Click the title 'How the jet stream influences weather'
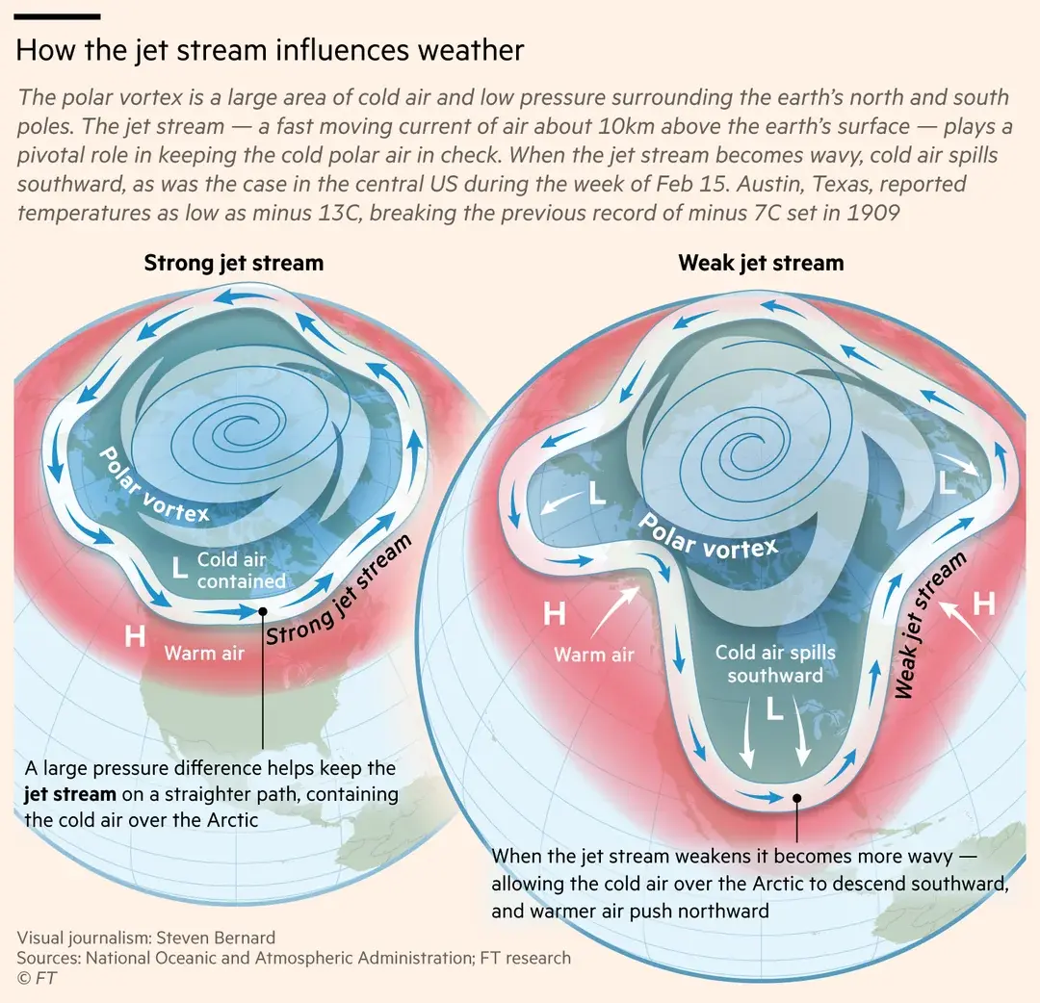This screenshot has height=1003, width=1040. pyautogui.click(x=270, y=50)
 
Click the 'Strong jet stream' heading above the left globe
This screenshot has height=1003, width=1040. pyautogui.click(x=233, y=263)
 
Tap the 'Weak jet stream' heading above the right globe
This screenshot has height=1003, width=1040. pyautogui.click(x=761, y=263)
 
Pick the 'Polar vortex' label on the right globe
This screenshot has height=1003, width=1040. pyautogui.click(x=708, y=537)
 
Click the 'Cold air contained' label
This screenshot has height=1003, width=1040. pyautogui.click(x=241, y=570)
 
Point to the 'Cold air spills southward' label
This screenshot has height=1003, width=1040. pyautogui.click(x=775, y=663)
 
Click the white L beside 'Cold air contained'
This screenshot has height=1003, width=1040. pyautogui.click(x=179, y=567)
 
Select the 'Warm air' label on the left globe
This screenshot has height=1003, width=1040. pyautogui.click(x=204, y=654)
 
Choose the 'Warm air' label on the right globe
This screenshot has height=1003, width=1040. pyautogui.click(x=594, y=655)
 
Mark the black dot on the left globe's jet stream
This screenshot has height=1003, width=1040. pyautogui.click(x=262, y=611)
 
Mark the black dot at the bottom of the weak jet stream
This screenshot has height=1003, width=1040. pyautogui.click(x=796, y=798)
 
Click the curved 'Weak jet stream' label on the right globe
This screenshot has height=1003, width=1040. pyautogui.click(x=930, y=626)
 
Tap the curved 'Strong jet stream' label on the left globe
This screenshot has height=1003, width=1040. pyautogui.click(x=339, y=590)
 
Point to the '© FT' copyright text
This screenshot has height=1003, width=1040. pyautogui.click(x=35, y=978)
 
